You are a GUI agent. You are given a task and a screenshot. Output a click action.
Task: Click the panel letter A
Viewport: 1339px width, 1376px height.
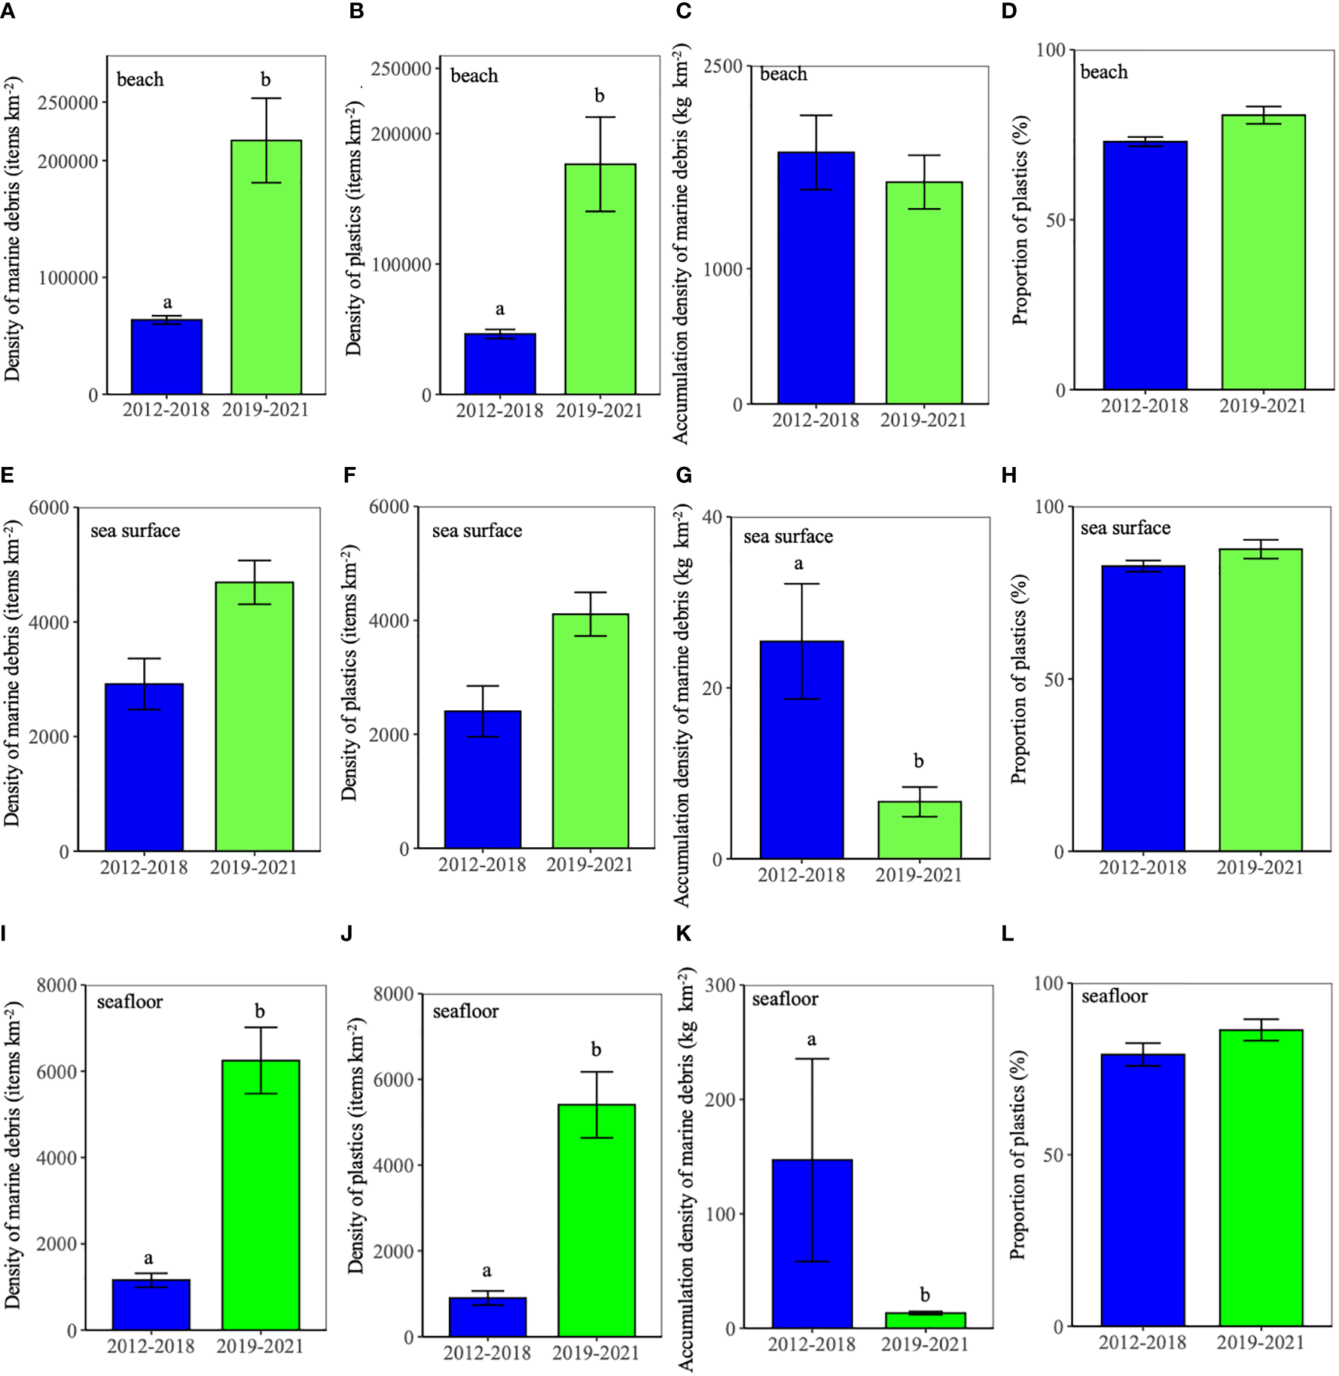[7, 11]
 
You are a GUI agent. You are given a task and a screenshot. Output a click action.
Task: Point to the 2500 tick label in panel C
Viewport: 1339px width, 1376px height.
[724, 66]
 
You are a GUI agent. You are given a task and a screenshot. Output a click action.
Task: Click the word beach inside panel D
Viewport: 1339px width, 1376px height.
[1104, 72]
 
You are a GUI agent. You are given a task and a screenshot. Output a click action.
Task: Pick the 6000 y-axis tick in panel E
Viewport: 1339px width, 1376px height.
[50, 508]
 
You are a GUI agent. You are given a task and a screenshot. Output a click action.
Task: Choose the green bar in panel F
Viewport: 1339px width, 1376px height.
[590, 731]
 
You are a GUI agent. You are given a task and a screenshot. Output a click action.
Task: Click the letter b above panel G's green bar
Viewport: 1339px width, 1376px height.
[919, 761]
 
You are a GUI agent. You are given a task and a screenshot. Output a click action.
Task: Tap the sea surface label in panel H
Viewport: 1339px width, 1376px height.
[1125, 528]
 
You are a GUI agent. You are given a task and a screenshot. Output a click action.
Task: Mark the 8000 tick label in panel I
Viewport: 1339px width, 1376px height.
[57, 985]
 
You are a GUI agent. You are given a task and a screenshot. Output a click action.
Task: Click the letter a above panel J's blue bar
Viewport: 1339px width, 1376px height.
[487, 1271]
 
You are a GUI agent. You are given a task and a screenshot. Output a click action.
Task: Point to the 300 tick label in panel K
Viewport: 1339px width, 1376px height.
[721, 985]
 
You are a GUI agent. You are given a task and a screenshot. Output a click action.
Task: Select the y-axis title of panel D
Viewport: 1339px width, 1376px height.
[1020, 221]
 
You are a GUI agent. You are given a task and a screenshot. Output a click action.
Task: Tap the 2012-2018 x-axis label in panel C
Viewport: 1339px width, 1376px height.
[816, 420]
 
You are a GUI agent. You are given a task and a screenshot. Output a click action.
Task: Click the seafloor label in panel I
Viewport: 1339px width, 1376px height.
[130, 1002]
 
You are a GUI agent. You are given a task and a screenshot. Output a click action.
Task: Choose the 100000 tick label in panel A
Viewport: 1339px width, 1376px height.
[68, 278]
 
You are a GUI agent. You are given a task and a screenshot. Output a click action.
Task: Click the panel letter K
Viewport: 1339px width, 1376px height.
[683, 934]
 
